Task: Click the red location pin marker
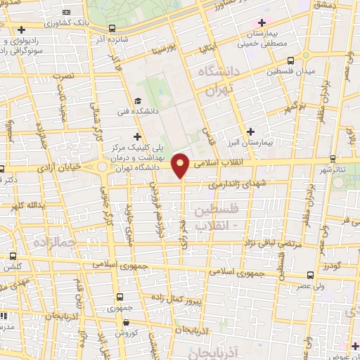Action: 181,165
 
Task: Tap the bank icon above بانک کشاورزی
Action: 66,13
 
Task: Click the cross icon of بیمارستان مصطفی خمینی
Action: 262,23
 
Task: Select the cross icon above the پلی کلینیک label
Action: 137,136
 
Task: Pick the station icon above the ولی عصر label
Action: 310,276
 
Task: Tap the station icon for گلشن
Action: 11,257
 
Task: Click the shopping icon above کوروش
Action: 125,323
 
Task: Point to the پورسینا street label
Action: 175,51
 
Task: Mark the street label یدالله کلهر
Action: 27,205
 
